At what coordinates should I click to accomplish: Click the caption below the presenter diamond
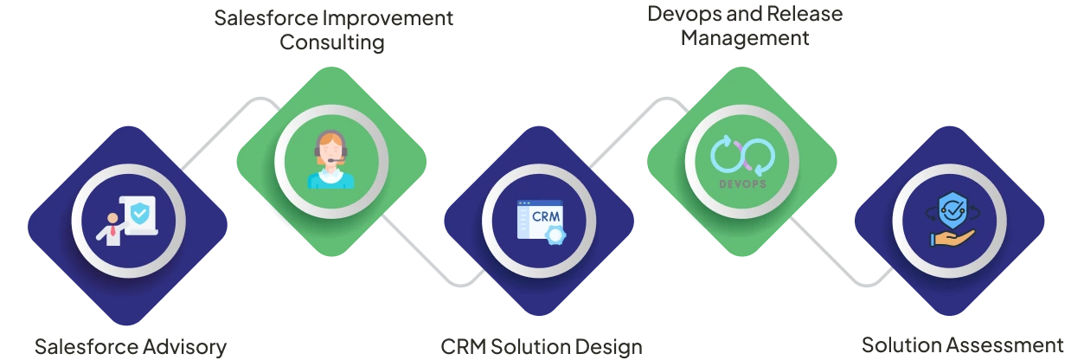(x=131, y=348)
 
